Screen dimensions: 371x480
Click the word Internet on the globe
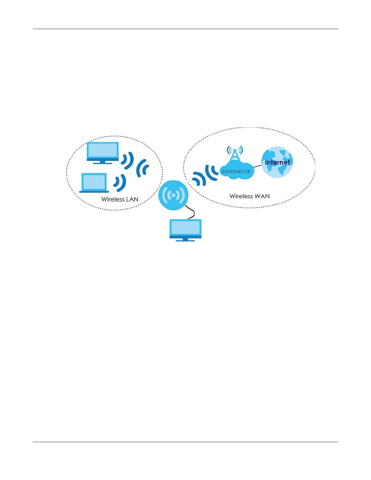(x=277, y=162)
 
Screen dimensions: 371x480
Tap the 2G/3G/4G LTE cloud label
(x=236, y=172)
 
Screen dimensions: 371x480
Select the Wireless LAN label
(x=120, y=199)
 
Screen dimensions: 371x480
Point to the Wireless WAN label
(x=249, y=196)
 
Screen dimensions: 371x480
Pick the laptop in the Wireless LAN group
(x=94, y=183)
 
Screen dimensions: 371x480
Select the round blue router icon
(x=173, y=195)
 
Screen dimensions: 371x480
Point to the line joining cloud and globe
(x=257, y=166)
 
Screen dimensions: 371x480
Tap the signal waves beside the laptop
(x=120, y=183)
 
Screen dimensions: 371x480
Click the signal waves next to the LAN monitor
(x=128, y=160)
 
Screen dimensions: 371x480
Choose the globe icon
(x=277, y=162)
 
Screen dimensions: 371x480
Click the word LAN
(x=132, y=199)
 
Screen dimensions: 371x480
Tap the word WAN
(x=262, y=196)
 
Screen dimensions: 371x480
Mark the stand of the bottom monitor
(x=185, y=239)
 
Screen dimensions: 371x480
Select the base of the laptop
(x=94, y=192)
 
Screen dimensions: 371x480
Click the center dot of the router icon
(x=173, y=195)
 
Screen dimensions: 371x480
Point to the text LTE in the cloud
(x=247, y=172)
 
